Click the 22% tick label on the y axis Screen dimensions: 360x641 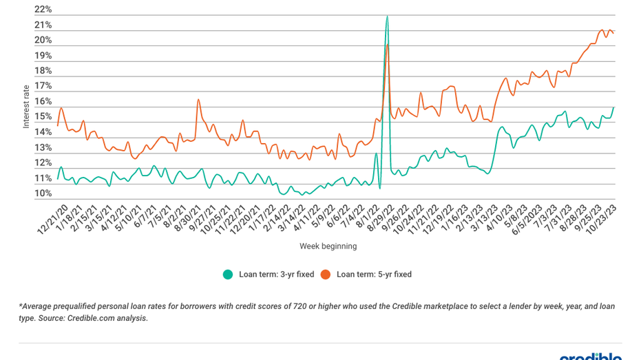tap(43, 10)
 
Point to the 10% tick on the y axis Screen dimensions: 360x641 tap(43, 193)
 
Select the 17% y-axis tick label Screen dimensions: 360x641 tap(43, 86)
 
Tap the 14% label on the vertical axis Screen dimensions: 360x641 tap(43, 132)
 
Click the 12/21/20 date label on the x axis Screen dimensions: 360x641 tap(54, 217)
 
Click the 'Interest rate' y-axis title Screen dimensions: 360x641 tap(26, 107)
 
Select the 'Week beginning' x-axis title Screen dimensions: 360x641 tap(328, 246)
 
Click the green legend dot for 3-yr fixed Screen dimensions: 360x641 tap(228, 275)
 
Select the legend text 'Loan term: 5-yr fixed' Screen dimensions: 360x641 tap(374, 275)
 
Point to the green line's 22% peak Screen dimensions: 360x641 tap(387, 16)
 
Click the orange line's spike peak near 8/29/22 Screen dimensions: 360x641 tap(388, 45)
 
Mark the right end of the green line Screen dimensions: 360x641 tap(613, 107)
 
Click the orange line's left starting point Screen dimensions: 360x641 tap(58, 126)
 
